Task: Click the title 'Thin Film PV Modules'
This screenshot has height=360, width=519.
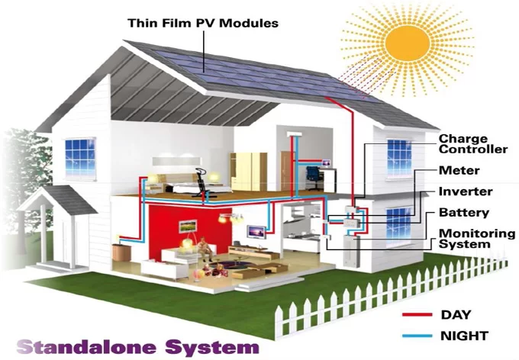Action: point(202,23)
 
